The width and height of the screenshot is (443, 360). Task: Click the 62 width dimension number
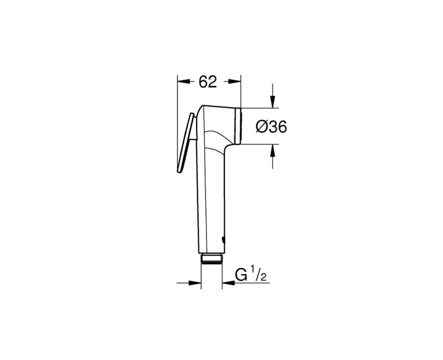click(x=208, y=81)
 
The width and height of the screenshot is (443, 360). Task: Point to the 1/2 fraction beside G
click(x=260, y=274)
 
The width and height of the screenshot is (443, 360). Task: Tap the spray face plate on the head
click(x=239, y=125)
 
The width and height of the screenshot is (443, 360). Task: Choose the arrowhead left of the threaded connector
click(x=195, y=283)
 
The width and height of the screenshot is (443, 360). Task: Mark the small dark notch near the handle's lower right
click(x=222, y=240)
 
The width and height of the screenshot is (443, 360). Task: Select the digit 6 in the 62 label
click(x=203, y=81)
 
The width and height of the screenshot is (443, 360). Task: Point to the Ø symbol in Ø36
click(x=261, y=127)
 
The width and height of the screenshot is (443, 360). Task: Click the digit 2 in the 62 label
click(x=213, y=81)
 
